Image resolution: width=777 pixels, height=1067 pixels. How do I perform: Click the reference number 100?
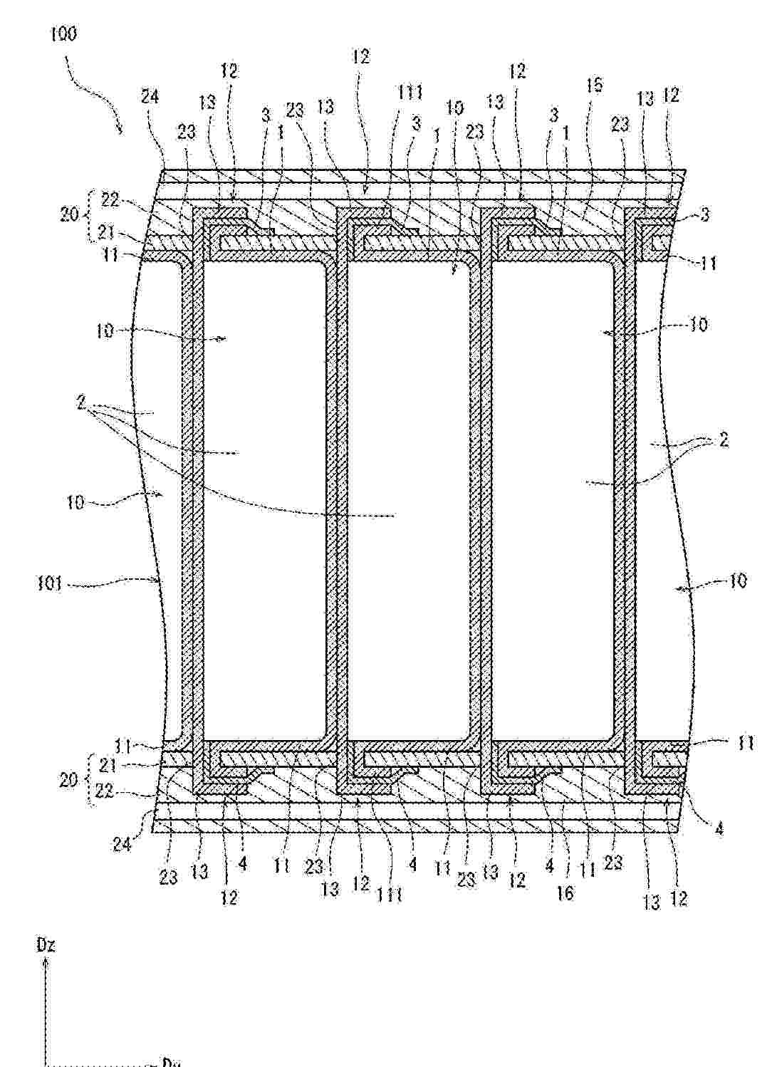point(64,34)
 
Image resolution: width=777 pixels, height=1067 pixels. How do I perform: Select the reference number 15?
point(595,86)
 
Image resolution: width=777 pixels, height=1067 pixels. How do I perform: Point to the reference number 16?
point(565,892)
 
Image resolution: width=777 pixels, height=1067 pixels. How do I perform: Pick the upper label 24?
point(150,97)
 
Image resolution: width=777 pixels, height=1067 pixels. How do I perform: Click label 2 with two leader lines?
point(724,441)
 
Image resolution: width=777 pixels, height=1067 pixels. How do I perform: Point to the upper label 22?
point(111,202)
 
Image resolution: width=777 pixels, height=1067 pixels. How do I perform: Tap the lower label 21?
point(110,765)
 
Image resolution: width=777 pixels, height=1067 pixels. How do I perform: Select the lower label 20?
point(68,779)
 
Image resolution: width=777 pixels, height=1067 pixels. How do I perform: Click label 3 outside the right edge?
point(704,214)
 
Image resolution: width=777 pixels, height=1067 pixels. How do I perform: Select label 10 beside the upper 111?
point(454,108)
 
